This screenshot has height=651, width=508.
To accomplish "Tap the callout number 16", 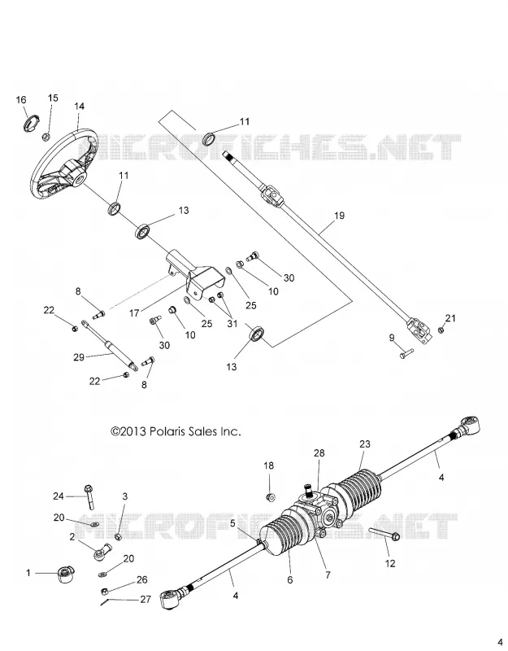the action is coord(21,99).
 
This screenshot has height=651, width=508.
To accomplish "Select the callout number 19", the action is coord(339,216).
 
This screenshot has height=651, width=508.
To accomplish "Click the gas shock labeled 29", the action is coord(109,344).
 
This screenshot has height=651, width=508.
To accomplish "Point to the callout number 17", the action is coord(134,313).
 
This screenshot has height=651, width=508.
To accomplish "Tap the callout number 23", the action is coord(364,443).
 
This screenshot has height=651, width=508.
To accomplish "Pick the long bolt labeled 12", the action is coord(384,534).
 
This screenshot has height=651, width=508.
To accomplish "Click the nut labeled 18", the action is coord(271,496).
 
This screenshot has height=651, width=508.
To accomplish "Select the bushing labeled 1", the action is coord(65,575).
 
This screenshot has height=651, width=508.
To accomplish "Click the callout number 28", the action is coord(319,453).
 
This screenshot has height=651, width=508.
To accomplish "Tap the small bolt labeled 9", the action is coord(406,354).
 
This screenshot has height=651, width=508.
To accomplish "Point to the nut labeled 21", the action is coord(441,330).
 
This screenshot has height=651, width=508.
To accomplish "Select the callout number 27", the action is coord(145,600).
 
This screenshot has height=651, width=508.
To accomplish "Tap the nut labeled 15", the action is coord(47,136).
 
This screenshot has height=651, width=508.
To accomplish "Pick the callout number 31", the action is coord(232,323).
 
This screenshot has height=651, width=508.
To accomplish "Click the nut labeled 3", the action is coord(117,537).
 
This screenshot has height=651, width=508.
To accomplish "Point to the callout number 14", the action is coord(79,107).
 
